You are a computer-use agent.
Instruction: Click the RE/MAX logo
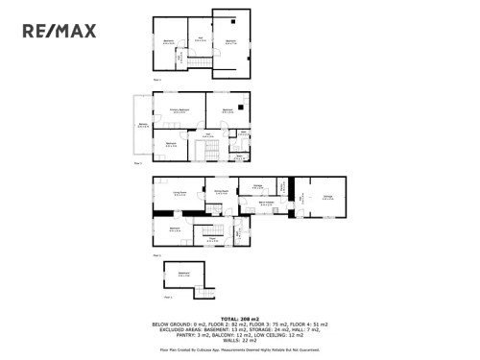click(60, 31)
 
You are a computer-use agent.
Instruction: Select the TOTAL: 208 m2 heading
click(240, 318)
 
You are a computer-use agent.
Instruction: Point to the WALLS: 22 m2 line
click(240, 338)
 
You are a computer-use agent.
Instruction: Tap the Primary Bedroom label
click(180, 111)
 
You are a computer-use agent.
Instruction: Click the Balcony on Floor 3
click(143, 126)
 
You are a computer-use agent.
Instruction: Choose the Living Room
click(179, 195)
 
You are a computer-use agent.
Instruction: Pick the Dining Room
click(220, 193)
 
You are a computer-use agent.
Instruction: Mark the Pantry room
click(281, 187)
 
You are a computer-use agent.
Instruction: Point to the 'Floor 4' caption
click(156, 79)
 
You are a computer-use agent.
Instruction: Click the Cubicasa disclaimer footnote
click(240, 349)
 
